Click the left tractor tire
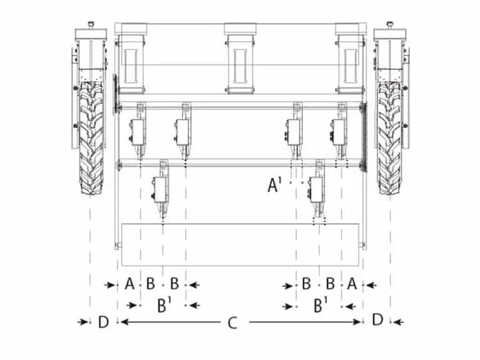(91, 137)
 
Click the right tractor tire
(389, 137)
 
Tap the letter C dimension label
(232, 323)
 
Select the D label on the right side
(377, 320)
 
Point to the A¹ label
(274, 185)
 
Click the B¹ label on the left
(164, 305)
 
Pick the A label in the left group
(129, 284)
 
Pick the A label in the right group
(352, 284)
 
